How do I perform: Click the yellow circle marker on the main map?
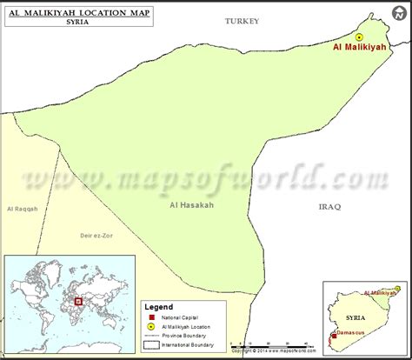click(359, 37)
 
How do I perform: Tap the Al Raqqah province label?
click(22, 209)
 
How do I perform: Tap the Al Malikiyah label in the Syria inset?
click(379, 293)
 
